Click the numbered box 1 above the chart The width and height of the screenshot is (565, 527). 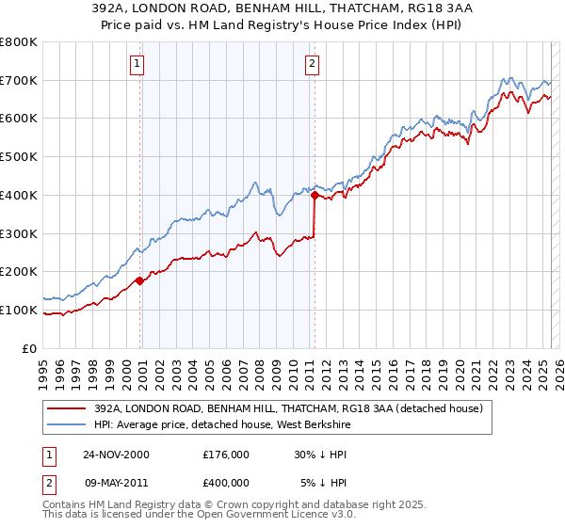pyautogui.click(x=137, y=64)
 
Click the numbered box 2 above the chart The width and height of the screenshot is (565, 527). pyautogui.click(x=312, y=64)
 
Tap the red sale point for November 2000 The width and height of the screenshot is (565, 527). pyautogui.click(x=140, y=280)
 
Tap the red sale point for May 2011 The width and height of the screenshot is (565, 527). pyautogui.click(x=315, y=195)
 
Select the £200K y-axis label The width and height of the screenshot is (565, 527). pyautogui.click(x=19, y=272)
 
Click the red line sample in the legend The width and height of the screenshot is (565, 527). pyautogui.click(x=67, y=408)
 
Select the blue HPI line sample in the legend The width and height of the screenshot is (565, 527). pyautogui.click(x=67, y=424)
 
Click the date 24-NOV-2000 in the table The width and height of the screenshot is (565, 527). pyautogui.click(x=116, y=455)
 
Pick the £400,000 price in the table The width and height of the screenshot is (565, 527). pyautogui.click(x=225, y=483)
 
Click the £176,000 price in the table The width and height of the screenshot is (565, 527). pyautogui.click(x=225, y=455)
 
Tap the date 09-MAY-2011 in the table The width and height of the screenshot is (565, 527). pyautogui.click(x=116, y=483)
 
